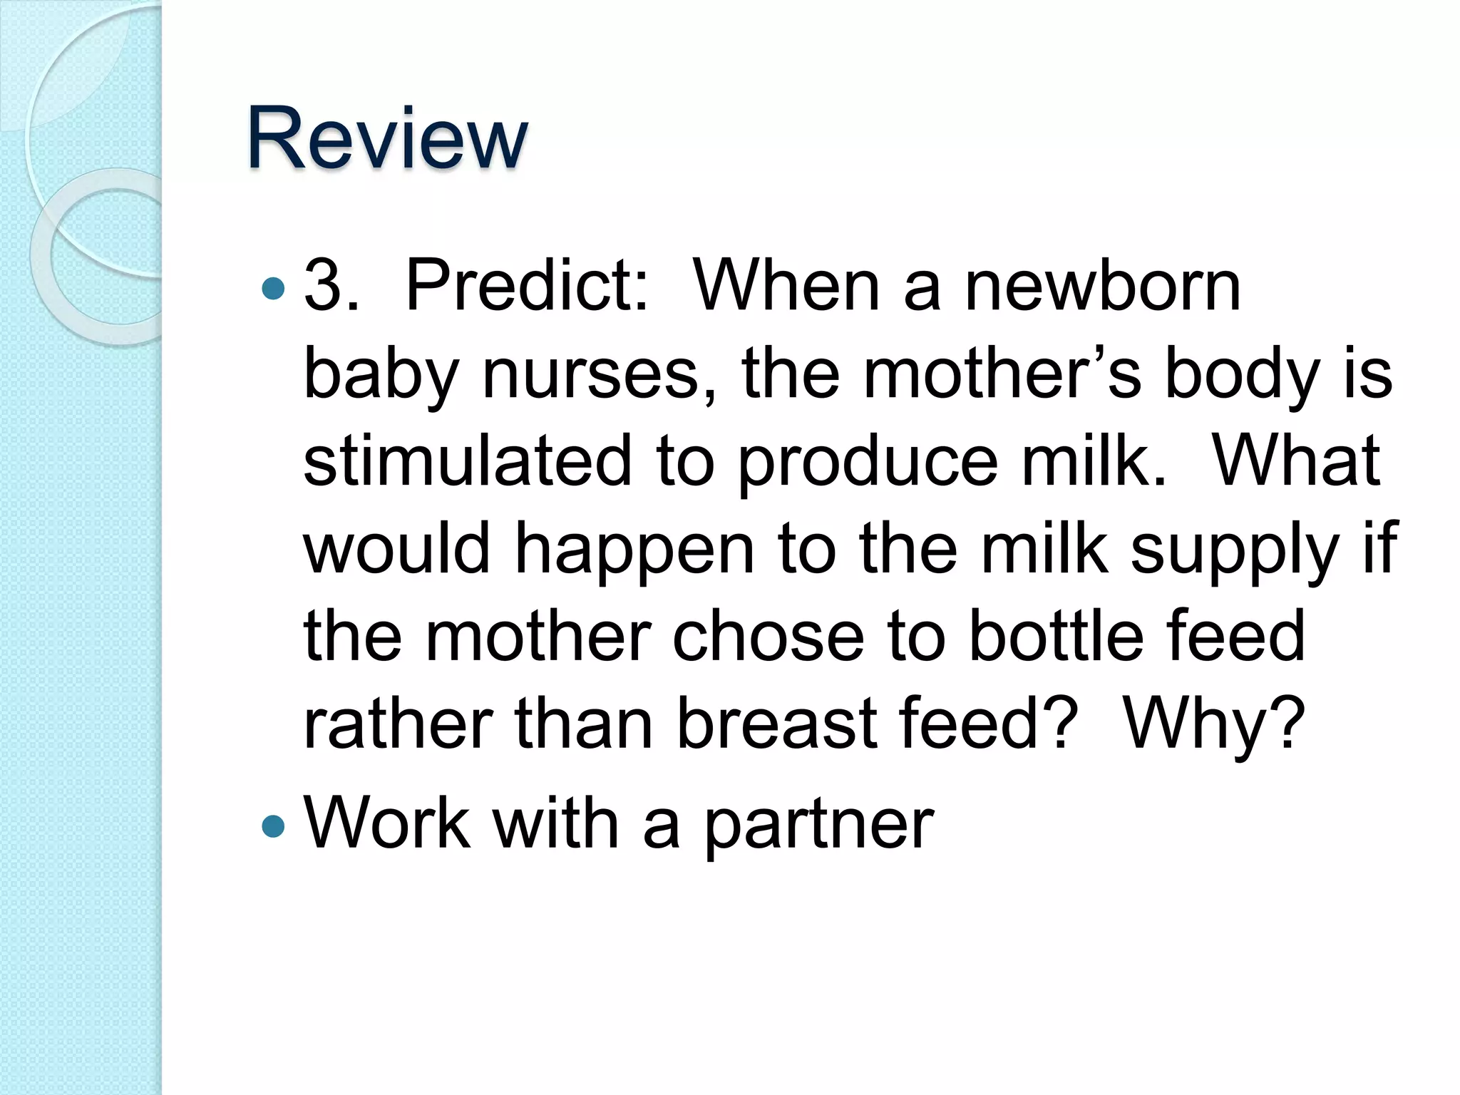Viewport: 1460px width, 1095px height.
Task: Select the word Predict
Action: (526, 286)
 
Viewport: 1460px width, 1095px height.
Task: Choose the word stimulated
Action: (468, 461)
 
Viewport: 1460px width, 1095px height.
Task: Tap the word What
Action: (1296, 461)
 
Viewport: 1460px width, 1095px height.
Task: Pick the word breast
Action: (777, 724)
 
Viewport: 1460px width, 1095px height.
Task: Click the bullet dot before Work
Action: (273, 826)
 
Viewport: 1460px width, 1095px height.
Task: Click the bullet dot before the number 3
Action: (273, 289)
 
